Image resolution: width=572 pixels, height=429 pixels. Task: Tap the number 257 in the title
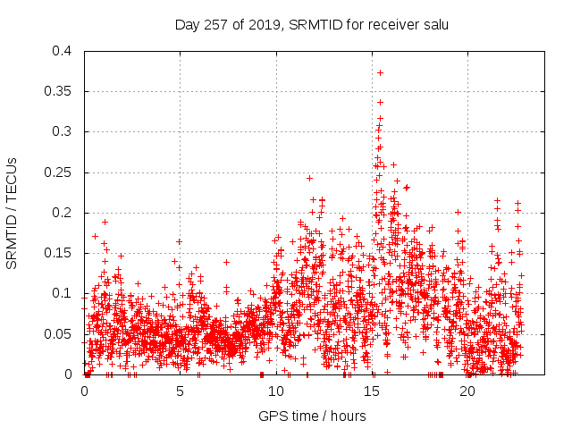click(216, 24)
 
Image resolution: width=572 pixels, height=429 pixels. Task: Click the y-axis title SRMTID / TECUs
click(13, 213)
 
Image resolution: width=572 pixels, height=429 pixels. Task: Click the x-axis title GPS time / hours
click(311, 416)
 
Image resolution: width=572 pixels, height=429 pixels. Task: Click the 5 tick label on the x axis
click(181, 391)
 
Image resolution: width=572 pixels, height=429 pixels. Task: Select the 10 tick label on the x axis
click(276, 391)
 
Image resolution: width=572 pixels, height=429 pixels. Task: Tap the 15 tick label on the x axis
click(372, 391)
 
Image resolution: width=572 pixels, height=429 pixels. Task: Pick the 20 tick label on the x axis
click(467, 391)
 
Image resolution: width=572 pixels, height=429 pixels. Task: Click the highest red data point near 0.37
click(380, 72)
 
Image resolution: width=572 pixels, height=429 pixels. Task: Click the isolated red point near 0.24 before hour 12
click(309, 178)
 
